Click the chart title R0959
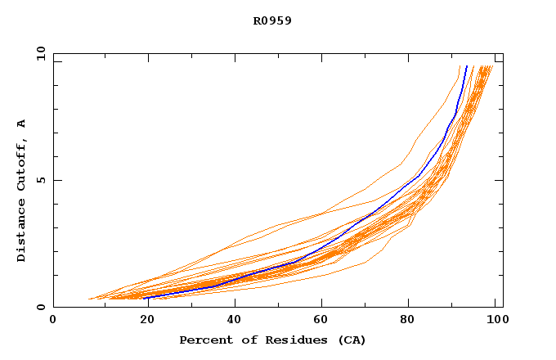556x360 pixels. tap(272, 21)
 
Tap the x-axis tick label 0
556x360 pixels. tap(53, 322)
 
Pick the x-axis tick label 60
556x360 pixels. tap(323, 322)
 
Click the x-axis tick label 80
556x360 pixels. tap(413, 322)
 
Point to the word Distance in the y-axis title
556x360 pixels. tap(22, 232)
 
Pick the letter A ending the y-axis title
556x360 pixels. tap(22, 124)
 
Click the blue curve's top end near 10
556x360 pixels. tap(466, 66)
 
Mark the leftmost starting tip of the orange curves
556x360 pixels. tap(88, 299)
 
